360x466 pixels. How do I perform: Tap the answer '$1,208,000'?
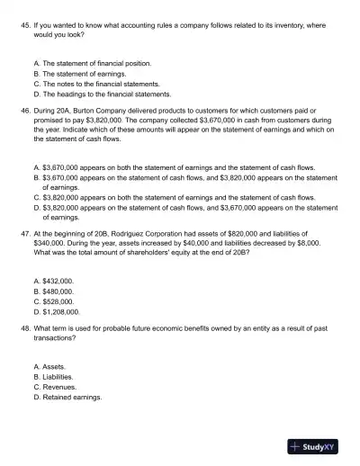(x=61, y=311)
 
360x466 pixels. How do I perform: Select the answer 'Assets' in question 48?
(x=54, y=367)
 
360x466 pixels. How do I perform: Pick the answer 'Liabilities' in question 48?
(x=58, y=377)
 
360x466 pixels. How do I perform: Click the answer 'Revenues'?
(x=58, y=387)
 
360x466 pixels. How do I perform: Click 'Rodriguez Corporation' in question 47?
(x=157, y=232)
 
